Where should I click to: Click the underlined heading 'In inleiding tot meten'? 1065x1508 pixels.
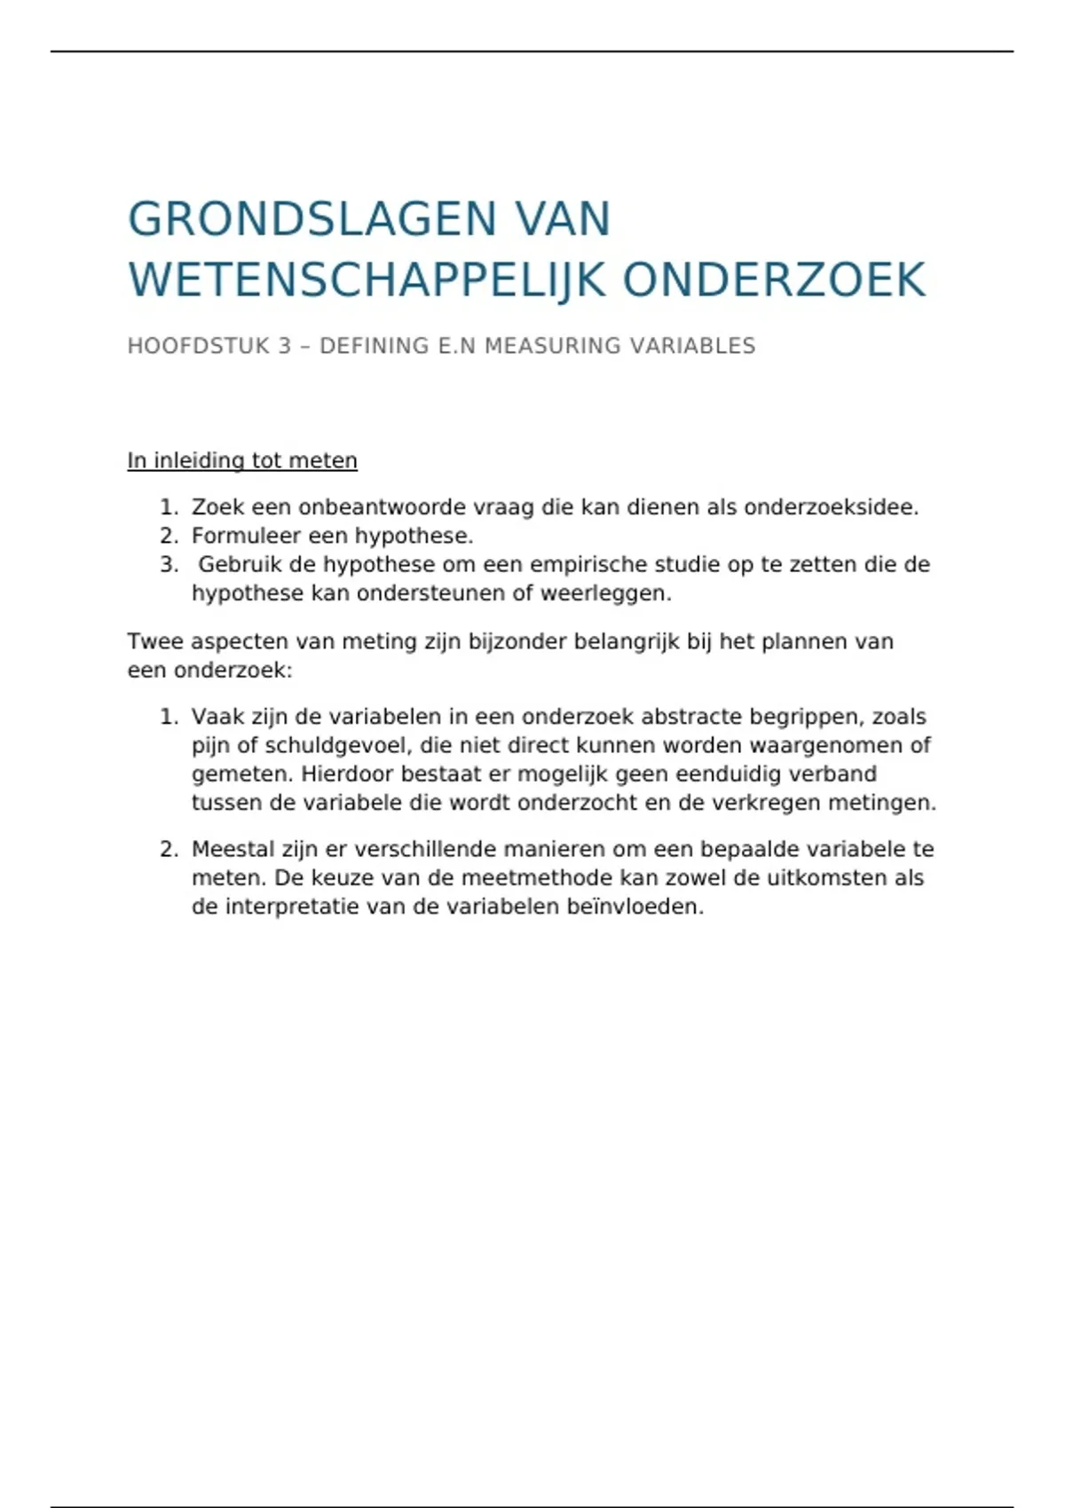(242, 461)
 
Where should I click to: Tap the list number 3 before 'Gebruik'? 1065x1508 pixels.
(168, 564)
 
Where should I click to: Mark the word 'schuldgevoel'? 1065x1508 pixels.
(334, 745)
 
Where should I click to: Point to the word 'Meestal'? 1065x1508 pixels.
(233, 849)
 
